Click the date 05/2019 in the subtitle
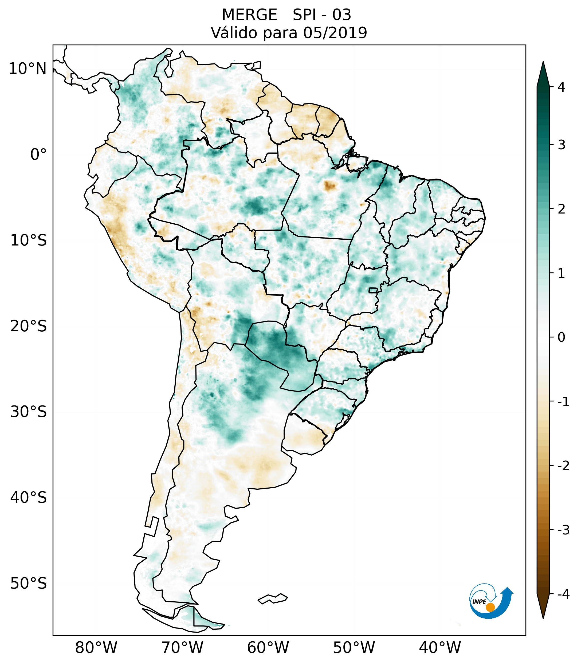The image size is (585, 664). click(x=335, y=33)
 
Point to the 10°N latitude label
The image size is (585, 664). click(x=28, y=69)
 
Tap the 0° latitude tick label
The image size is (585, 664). click(x=38, y=155)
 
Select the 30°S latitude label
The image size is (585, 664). click(x=29, y=412)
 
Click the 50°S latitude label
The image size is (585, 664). click(x=29, y=583)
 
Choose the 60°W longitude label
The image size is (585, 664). click(x=268, y=647)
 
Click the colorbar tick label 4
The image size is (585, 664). click(x=561, y=87)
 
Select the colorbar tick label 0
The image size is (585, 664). click(x=561, y=337)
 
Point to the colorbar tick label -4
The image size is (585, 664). click(x=563, y=594)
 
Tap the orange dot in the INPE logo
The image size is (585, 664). click(x=490, y=607)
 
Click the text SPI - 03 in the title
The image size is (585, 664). click(x=322, y=15)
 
